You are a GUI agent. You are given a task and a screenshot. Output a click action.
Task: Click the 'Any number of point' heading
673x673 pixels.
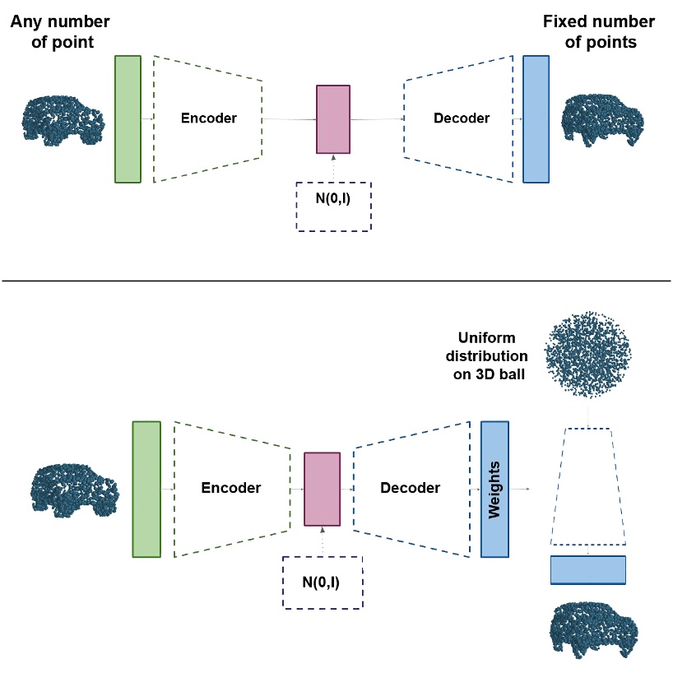[x=60, y=31]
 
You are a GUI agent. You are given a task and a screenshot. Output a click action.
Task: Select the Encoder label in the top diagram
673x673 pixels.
[x=208, y=118]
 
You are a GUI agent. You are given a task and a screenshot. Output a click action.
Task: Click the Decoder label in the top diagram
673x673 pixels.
[x=462, y=118]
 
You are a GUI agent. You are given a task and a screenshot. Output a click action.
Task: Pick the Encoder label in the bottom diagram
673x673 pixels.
[x=231, y=488]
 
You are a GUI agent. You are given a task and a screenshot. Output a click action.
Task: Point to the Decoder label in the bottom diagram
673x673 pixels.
[x=410, y=488]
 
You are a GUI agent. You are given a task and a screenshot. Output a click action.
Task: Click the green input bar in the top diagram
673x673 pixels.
[x=128, y=118]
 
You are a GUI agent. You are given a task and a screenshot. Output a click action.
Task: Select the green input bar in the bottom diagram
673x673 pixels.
[x=146, y=489]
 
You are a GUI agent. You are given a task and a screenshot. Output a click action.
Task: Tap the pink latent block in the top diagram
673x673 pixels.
[x=333, y=118]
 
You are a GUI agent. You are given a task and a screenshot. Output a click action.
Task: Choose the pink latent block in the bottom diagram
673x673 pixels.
[x=322, y=489]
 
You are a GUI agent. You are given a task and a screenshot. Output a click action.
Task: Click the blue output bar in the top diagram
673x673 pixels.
[x=536, y=118]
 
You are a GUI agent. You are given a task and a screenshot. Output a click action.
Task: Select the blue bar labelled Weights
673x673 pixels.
[x=494, y=489]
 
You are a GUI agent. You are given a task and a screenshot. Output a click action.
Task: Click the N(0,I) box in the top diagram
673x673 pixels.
[x=333, y=206]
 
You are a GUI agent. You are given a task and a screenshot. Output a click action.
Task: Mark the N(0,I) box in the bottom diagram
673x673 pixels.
[x=322, y=582]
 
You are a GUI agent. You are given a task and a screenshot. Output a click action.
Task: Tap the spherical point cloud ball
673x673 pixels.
[x=587, y=351]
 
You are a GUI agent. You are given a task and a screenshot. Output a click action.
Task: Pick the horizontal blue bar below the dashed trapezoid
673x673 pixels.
[x=587, y=570]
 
